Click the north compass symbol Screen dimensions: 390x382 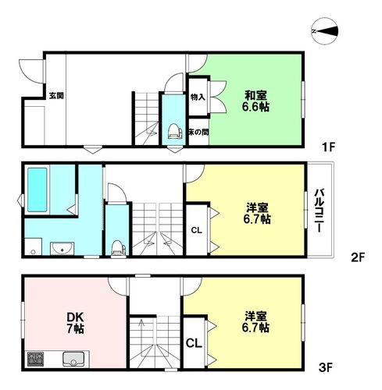(325, 31)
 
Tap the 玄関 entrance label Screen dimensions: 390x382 (56, 96)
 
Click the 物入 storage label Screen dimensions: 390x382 (198, 97)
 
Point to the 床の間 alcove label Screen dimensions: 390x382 (198, 133)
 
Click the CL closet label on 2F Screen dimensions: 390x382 (197, 229)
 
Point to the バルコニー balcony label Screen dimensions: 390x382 (320, 209)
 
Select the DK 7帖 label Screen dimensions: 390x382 (75, 322)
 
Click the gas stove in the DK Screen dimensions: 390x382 (35, 360)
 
